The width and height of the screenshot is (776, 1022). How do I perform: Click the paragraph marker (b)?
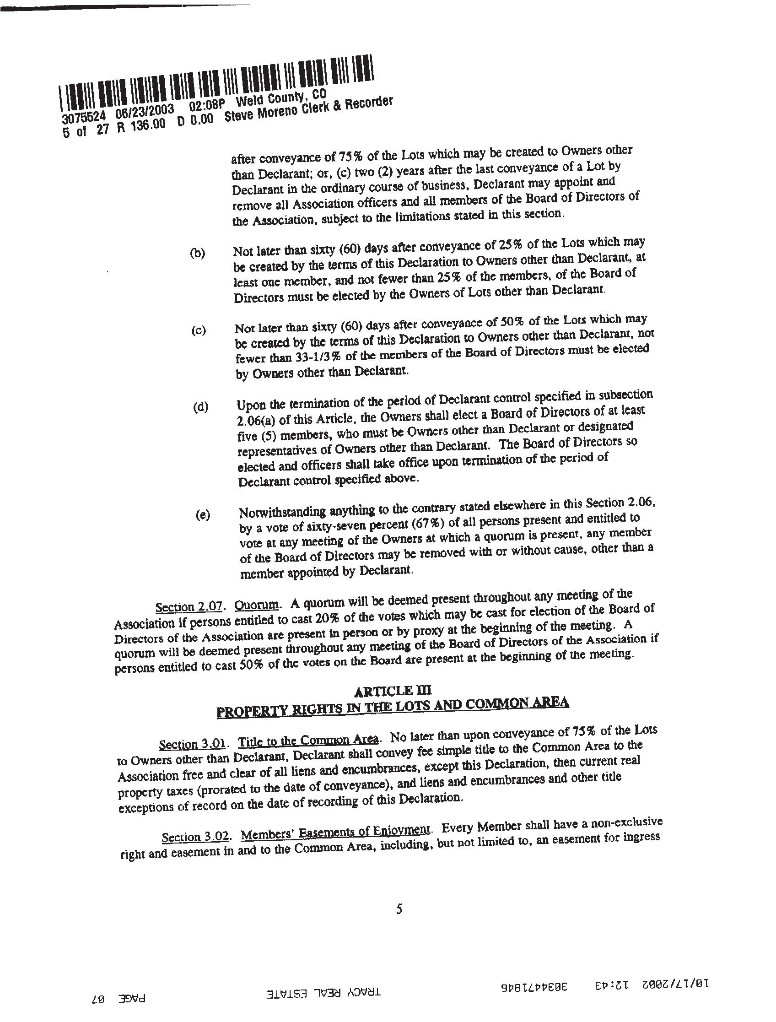click(197, 253)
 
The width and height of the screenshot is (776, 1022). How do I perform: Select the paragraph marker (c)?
click(199, 330)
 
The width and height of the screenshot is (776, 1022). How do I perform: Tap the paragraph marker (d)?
click(200, 407)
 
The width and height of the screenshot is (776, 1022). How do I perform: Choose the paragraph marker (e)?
click(202, 515)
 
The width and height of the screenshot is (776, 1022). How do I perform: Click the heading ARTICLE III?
click(392, 691)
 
